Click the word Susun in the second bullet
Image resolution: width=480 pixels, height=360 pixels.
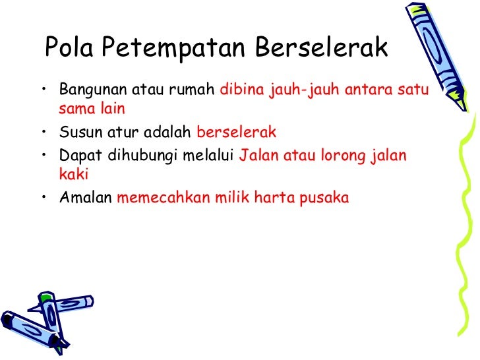76,132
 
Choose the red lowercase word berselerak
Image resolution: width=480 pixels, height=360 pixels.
237,132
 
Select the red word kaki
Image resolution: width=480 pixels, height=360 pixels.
73,175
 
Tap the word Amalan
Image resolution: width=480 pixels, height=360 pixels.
85,197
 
